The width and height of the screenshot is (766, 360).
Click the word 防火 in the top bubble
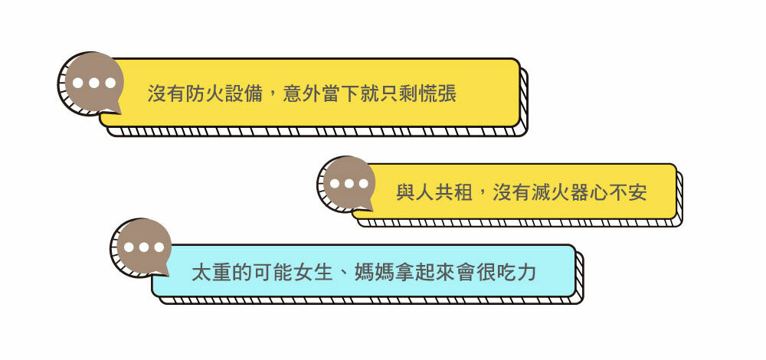tap(205, 94)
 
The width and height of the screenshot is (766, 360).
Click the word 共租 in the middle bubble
tap(454, 192)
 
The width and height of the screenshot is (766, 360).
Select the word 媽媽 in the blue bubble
tap(373, 272)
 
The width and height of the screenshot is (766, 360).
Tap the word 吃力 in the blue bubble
tap(516, 272)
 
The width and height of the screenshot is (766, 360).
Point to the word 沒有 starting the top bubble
tap(165, 94)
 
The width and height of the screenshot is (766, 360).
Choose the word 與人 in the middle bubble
tap(415, 192)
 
